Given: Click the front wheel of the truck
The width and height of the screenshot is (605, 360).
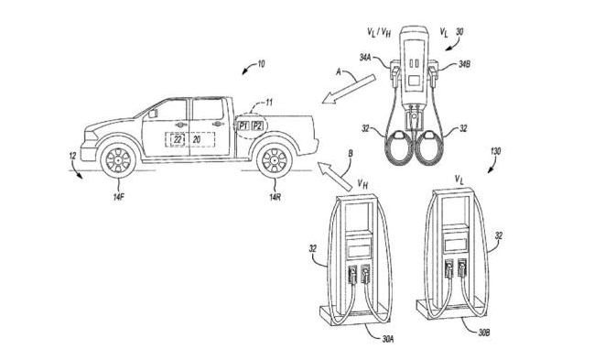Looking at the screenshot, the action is pos(118,160).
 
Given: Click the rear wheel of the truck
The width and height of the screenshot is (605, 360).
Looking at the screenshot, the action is pos(275,160).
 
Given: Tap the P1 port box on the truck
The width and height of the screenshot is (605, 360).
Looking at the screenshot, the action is pos(243,125).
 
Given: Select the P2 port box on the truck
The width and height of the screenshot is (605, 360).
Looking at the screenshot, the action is pos(257,125).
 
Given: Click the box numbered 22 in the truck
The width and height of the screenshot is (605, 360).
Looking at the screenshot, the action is pos(178,140).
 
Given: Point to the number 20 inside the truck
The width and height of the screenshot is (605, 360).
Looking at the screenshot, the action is pos(197,140).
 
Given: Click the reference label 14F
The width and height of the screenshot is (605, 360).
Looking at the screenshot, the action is pos(118,198).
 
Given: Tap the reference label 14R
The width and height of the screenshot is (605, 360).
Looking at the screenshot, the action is pos(275,198).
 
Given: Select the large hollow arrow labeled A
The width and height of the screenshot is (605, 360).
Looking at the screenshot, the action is pos(349,89).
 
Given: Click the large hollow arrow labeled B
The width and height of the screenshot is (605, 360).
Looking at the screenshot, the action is pos(335,176).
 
